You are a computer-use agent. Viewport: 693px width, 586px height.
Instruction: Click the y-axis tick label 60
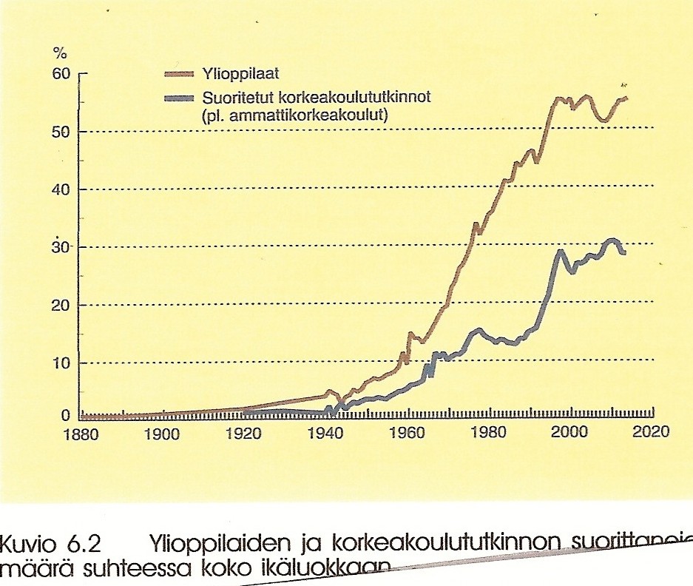click(60, 74)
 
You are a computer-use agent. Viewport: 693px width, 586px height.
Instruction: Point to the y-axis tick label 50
click(60, 132)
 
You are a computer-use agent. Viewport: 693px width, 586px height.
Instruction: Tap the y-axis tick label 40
click(60, 189)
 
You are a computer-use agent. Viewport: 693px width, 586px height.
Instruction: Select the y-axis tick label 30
click(60, 247)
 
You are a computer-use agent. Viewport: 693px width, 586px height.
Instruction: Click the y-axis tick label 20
click(60, 305)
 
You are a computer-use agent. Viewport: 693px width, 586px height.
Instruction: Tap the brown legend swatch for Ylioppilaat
click(180, 73)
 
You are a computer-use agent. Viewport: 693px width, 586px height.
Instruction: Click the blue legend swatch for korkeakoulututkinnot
click(180, 98)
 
